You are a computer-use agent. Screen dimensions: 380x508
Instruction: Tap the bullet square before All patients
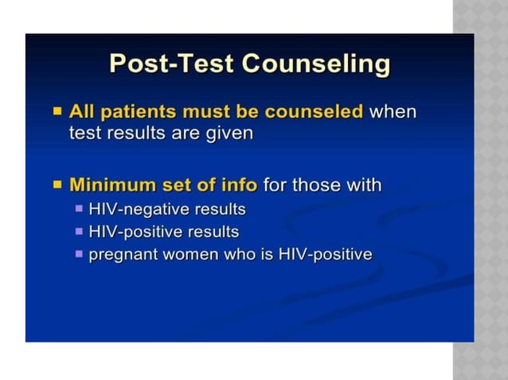[x=57, y=111]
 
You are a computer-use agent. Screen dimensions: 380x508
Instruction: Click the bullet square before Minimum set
[x=57, y=185]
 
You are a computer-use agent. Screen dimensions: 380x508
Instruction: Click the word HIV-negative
[x=137, y=209]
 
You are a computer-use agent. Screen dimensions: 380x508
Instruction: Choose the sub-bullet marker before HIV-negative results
[x=79, y=209]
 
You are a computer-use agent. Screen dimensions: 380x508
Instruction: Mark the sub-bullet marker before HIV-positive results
[x=79, y=231]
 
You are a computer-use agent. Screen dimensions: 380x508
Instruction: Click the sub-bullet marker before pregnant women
[x=79, y=254]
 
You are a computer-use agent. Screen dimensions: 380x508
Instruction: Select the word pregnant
[x=123, y=255]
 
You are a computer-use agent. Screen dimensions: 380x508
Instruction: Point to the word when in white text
[x=393, y=111]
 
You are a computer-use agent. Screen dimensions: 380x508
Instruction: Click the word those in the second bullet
[x=316, y=185]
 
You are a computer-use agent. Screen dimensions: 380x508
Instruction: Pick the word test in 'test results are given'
[x=83, y=133]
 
